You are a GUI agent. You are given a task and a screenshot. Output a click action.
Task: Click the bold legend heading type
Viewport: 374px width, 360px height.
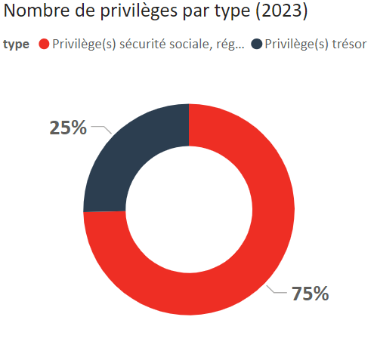point(16,45)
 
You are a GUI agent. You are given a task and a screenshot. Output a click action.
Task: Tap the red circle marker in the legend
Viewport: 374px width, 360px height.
point(44,45)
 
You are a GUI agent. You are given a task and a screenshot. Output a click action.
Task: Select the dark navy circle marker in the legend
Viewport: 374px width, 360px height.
point(258,45)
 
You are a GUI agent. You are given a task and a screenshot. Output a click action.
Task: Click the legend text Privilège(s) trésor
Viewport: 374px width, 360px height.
point(316,45)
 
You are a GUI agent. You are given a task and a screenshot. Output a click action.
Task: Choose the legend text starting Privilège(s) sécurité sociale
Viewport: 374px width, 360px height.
point(148,45)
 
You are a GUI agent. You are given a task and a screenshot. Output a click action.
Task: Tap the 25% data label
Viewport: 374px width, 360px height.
point(68,128)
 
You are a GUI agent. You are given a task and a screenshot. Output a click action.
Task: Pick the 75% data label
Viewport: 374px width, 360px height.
point(310,294)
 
